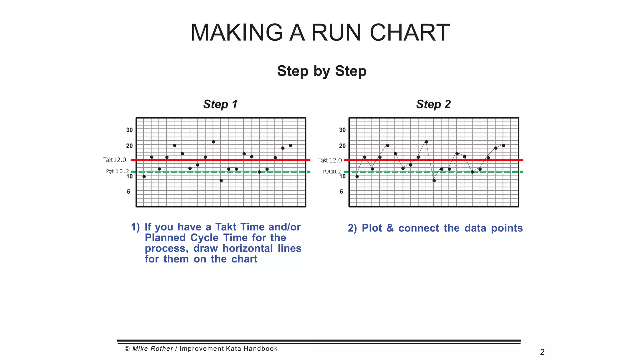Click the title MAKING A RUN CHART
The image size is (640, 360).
[320, 32]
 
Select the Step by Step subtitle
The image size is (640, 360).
[322, 71]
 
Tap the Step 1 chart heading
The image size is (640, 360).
[220, 104]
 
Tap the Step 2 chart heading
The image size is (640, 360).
[433, 104]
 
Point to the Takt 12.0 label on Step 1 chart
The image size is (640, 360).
[115, 160]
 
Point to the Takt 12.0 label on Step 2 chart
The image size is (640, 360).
[330, 160]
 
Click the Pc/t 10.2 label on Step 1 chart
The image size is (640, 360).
[117, 171]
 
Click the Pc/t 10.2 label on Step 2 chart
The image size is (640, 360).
[332, 172]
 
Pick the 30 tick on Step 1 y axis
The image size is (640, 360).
[129, 130]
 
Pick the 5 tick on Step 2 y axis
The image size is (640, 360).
[341, 192]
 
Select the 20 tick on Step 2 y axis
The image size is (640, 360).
[342, 146]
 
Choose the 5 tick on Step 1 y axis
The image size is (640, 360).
[128, 192]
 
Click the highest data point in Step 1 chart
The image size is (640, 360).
[213, 142]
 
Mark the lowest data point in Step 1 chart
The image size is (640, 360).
[221, 181]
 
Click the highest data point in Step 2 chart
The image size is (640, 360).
[427, 142]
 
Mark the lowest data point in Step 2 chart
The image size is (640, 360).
[434, 181]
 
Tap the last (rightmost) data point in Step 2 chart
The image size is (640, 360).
[503, 145]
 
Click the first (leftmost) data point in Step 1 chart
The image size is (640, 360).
[144, 177]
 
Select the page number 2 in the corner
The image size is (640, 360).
[542, 352]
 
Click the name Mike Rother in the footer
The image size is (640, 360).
[152, 349]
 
